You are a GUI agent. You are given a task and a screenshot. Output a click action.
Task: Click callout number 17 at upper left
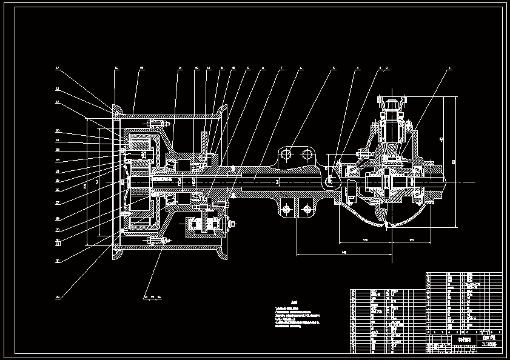tap(58, 69)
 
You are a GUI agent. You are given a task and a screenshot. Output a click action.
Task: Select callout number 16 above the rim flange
tap(116, 69)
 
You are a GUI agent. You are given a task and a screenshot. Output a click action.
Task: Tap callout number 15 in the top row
tap(141, 69)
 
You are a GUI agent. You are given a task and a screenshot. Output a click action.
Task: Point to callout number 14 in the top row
tap(180, 69)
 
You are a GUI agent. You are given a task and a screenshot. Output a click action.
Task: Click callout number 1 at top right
tap(450, 69)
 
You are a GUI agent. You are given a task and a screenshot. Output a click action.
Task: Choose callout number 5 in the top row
tap(333, 69)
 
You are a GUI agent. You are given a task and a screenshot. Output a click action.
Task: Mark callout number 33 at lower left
tap(58, 297)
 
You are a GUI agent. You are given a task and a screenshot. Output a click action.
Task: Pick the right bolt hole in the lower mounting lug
tap(307, 210)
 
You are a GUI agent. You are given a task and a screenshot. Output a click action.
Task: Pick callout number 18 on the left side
tap(58, 90)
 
